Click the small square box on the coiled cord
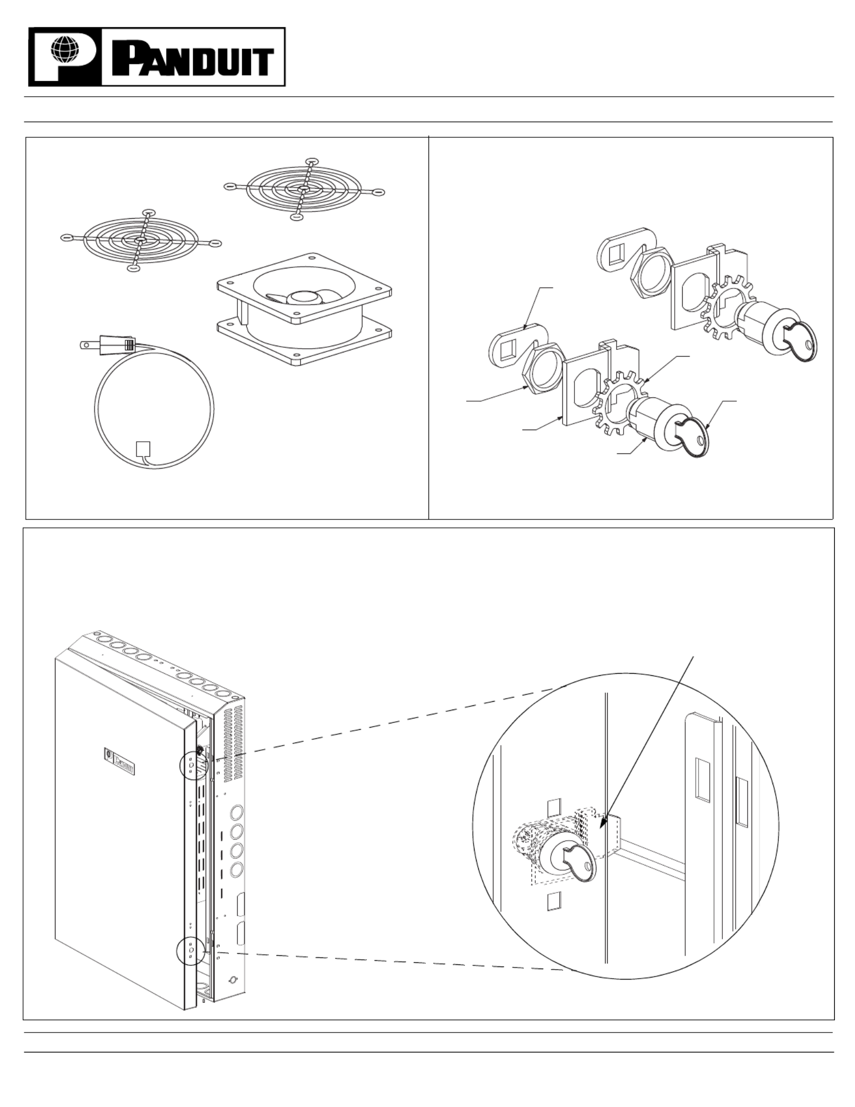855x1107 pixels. click(144, 449)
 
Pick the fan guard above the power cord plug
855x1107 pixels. click(141, 240)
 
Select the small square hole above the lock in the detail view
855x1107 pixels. click(553, 808)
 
